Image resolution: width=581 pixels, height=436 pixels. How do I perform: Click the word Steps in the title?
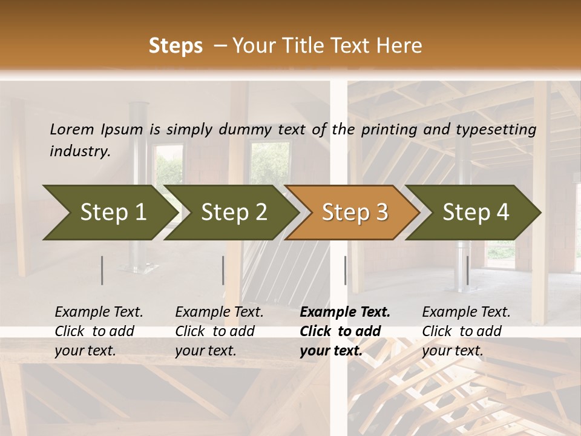point(176,46)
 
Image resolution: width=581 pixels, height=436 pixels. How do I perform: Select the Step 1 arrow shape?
point(109,213)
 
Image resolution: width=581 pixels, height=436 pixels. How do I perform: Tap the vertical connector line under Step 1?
point(102,270)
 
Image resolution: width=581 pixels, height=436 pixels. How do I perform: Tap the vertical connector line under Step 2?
point(223,270)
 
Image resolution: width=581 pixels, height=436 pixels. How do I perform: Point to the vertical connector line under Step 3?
point(345,270)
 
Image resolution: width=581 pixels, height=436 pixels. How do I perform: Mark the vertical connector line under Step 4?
point(467,270)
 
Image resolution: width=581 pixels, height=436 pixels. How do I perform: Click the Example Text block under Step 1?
point(99,331)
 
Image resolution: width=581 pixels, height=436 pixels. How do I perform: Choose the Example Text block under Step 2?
point(219,331)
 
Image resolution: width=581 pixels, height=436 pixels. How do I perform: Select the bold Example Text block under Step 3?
point(344,331)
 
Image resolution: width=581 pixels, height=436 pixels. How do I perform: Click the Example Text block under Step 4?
point(466,331)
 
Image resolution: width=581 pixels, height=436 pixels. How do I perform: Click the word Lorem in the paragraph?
point(71,130)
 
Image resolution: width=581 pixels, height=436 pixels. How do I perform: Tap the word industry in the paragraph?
point(79,151)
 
